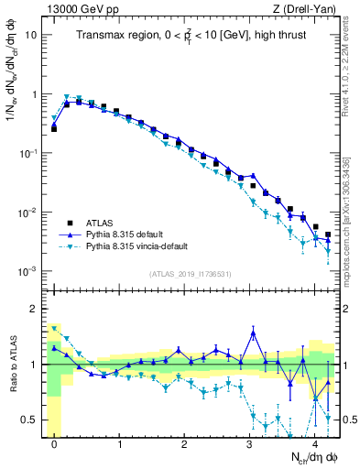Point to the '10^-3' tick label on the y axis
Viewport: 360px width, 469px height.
[28, 272]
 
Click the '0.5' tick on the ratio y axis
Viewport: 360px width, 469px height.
[29, 420]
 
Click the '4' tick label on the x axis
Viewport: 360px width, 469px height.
[315, 443]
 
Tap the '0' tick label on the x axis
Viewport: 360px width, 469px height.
[54, 443]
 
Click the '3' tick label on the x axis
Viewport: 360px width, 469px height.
[250, 443]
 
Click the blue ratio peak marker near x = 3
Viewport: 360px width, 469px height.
[253, 333]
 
